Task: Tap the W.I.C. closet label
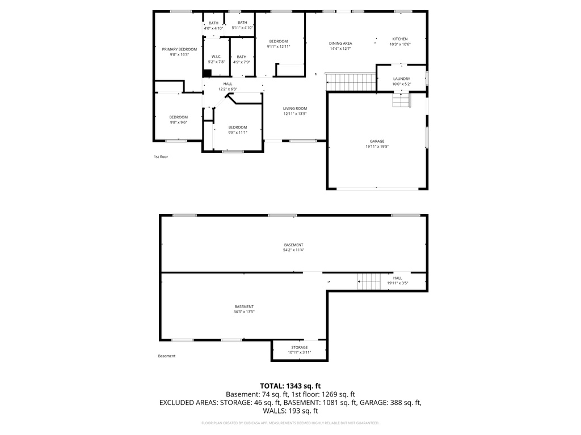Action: [x=216, y=57]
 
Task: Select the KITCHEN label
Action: [x=400, y=39]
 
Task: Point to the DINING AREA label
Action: [x=340, y=44]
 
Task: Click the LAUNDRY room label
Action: [x=401, y=79]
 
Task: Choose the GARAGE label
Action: [x=377, y=141]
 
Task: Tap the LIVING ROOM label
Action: [x=295, y=108]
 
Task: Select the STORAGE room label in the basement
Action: [x=300, y=347]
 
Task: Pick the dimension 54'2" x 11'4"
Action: [x=293, y=250]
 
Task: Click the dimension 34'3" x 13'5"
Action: [x=244, y=312]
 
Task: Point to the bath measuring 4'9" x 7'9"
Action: [x=242, y=62]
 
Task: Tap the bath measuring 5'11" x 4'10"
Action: [x=242, y=28]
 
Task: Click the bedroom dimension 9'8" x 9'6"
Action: [x=178, y=122]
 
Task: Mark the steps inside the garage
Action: [x=401, y=100]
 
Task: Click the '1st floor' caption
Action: [x=161, y=157]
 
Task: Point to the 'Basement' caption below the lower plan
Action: [x=167, y=356]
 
